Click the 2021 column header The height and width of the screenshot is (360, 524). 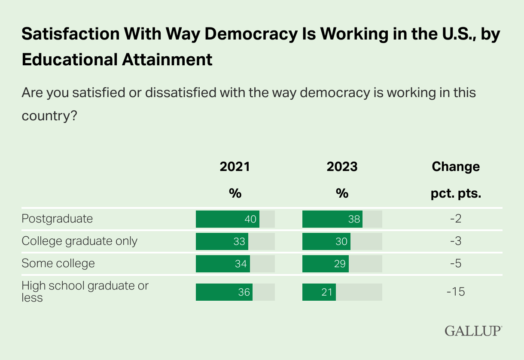click(235, 167)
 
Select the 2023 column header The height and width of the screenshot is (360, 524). click(342, 167)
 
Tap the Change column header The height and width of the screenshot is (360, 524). click(455, 167)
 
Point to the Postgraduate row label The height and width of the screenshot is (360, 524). click(57, 219)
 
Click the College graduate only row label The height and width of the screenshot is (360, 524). click(79, 241)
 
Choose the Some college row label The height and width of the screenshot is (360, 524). click(58, 263)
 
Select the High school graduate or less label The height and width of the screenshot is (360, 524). click(85, 291)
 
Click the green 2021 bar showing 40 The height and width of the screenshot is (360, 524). click(228, 219)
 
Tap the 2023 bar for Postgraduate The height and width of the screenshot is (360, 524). click(332, 219)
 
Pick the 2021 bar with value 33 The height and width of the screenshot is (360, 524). click(222, 241)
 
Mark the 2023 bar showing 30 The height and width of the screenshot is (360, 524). click(326, 241)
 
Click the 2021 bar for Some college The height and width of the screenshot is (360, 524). click(223, 264)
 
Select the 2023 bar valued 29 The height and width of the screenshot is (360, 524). click(326, 264)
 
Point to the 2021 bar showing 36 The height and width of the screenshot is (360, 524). click(224, 292)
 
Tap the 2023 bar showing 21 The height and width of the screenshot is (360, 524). click(319, 292)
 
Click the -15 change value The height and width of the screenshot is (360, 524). click(455, 292)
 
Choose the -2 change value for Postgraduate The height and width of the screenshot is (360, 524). click(455, 219)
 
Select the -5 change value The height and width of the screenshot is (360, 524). click(455, 264)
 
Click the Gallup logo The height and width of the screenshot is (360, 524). click(473, 331)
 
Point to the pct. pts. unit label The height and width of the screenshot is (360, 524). click(455, 194)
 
